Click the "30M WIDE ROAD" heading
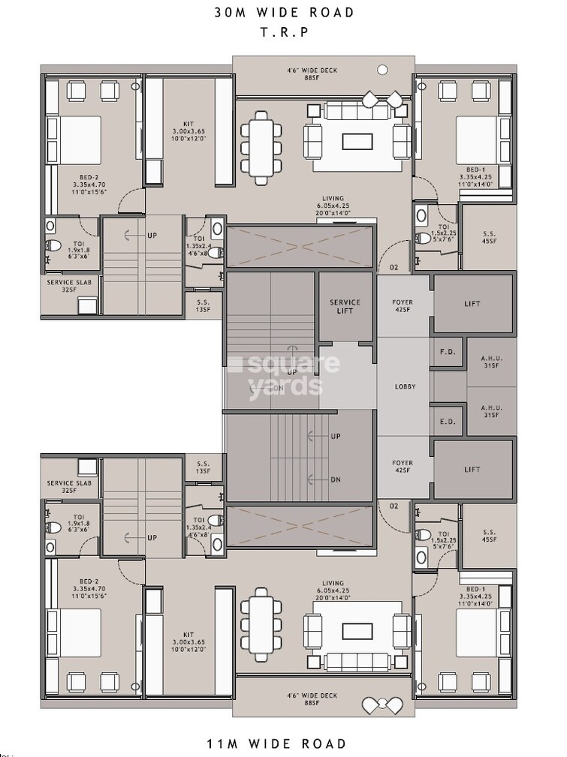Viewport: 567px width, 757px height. coord(284,13)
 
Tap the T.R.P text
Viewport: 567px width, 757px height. coord(284,33)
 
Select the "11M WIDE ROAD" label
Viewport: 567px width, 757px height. coord(277,743)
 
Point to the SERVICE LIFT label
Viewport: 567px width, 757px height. coord(345,306)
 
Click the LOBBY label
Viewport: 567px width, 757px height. coord(406,386)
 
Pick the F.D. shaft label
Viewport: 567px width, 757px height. coord(448,351)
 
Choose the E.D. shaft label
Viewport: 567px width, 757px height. coord(448,422)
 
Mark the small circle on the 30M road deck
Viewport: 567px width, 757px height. coord(382,70)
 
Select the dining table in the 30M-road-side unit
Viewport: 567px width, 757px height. coord(261,148)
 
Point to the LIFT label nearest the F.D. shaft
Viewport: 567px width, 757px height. coord(472,304)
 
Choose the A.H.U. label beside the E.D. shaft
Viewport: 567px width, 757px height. coord(491,411)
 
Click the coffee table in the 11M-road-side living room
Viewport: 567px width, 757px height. coord(357,631)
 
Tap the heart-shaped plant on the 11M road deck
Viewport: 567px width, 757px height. coord(382,705)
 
